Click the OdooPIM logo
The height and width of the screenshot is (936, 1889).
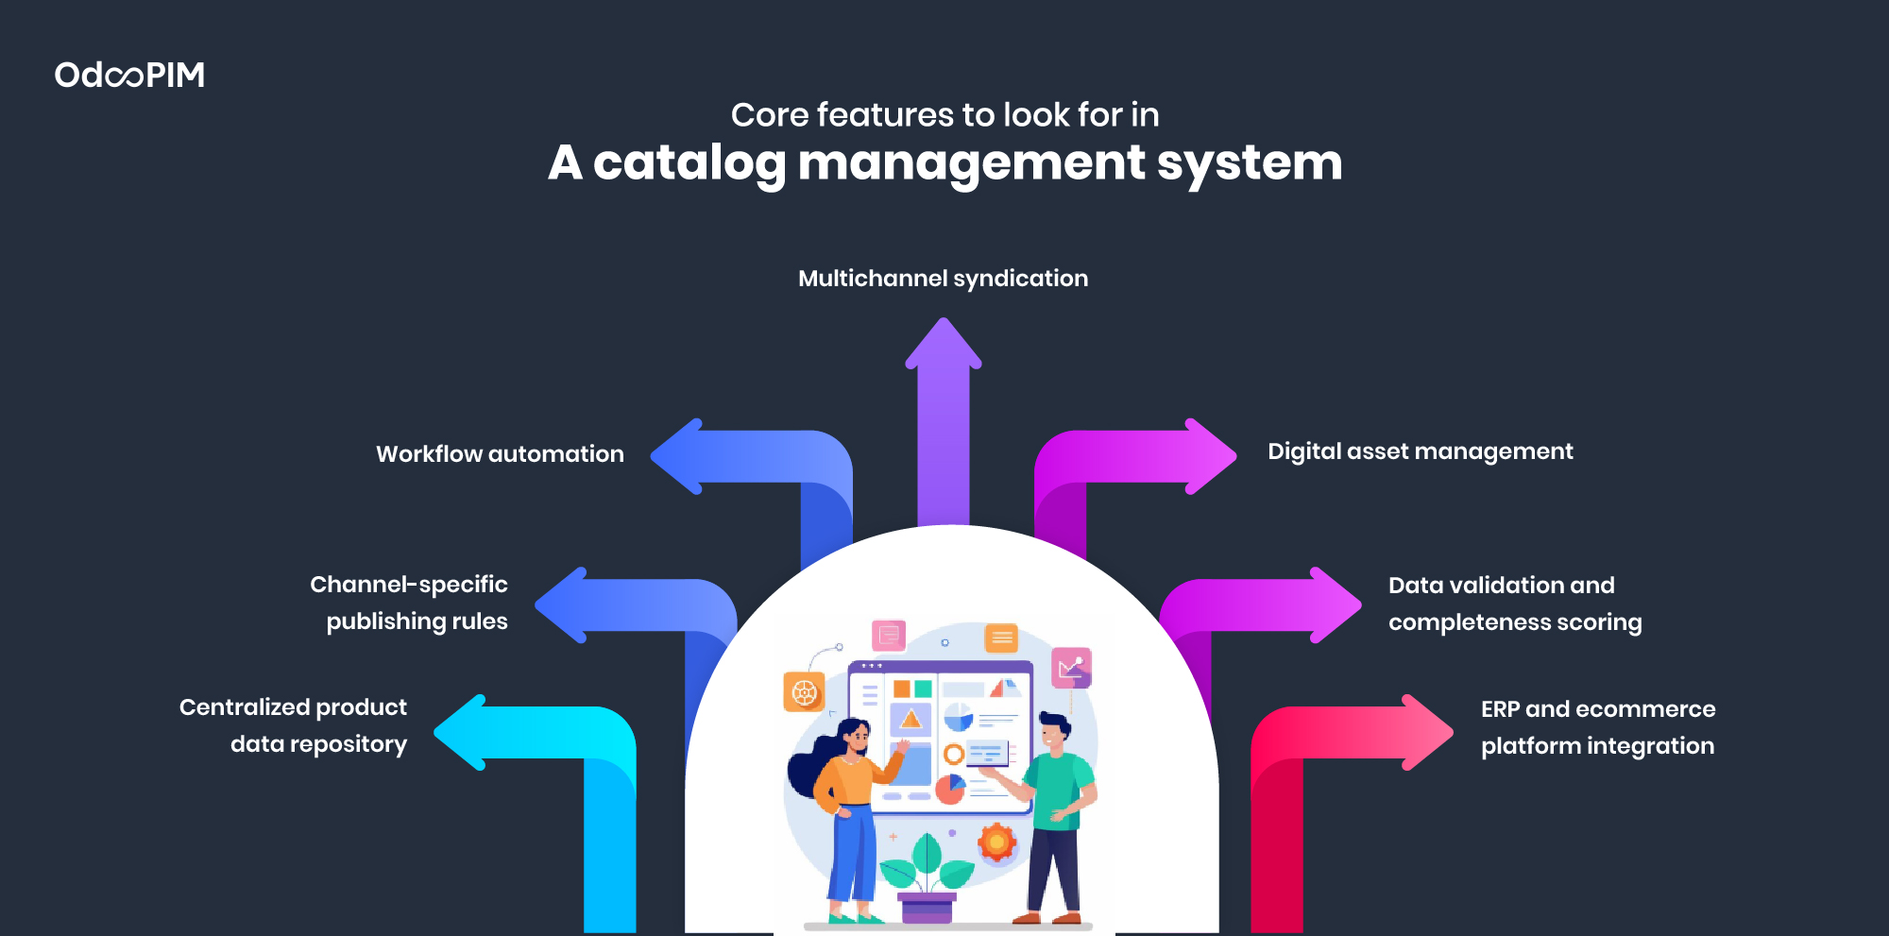click(x=129, y=75)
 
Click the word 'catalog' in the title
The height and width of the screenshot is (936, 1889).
click(x=689, y=162)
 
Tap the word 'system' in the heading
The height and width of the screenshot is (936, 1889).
click(x=1249, y=162)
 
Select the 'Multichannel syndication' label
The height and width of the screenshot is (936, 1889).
click(x=943, y=279)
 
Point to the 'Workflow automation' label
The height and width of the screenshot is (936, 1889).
click(x=500, y=454)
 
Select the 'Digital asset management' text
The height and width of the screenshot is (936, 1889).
click(x=1420, y=451)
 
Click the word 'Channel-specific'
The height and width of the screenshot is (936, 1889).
click(x=408, y=585)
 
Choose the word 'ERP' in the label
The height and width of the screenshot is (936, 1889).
click(x=1500, y=709)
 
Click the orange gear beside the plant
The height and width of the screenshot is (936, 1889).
click(x=996, y=842)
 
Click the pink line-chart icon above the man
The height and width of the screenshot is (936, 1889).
click(x=1071, y=668)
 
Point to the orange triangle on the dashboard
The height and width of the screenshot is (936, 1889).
click(x=910, y=719)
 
